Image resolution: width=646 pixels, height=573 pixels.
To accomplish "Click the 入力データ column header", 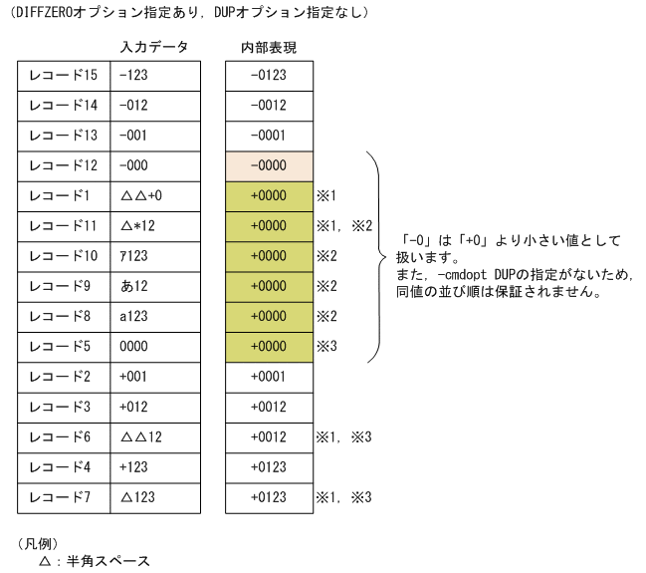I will point(154,48).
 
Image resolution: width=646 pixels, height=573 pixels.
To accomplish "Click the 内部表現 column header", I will point(269,48).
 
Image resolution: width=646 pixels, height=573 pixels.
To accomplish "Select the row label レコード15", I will point(64,76).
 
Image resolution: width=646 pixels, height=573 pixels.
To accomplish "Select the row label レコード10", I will point(64,256).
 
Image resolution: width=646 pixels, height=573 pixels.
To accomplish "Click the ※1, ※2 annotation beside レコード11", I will point(343,226).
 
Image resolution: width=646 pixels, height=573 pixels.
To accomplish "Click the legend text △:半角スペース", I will point(94,561).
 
